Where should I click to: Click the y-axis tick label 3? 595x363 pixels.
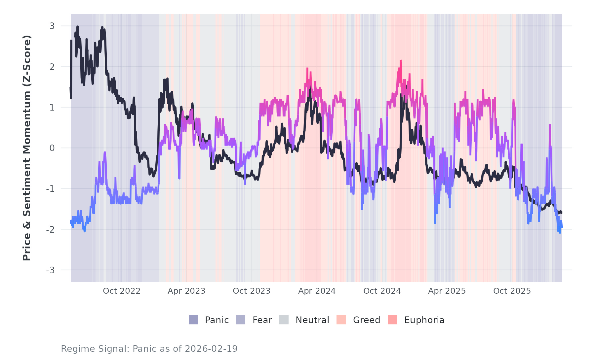[x=52, y=26]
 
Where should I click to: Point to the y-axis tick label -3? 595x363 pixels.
[x=50, y=270]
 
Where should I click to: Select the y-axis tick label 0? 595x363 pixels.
[x=52, y=148]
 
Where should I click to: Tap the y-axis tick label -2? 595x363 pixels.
[x=50, y=229]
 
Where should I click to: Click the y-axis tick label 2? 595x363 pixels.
[x=52, y=67]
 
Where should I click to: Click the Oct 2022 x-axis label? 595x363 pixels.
[x=122, y=291]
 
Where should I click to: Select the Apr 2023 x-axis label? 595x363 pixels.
[x=186, y=291]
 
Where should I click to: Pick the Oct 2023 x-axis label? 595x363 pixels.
[x=252, y=291]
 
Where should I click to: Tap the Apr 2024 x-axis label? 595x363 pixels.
[x=317, y=291]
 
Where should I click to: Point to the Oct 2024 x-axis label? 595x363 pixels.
[x=382, y=291]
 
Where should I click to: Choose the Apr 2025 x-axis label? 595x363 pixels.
[x=447, y=291]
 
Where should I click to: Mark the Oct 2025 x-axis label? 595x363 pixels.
[x=512, y=291]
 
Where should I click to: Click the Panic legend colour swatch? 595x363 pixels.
[x=193, y=320]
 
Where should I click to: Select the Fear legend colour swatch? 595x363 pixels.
[x=241, y=320]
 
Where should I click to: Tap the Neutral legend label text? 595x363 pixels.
[x=312, y=320]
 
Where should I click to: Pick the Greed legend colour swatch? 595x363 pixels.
[x=341, y=320]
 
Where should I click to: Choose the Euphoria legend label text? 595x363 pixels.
[x=424, y=320]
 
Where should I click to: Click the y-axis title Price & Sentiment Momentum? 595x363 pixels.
[x=27, y=148]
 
